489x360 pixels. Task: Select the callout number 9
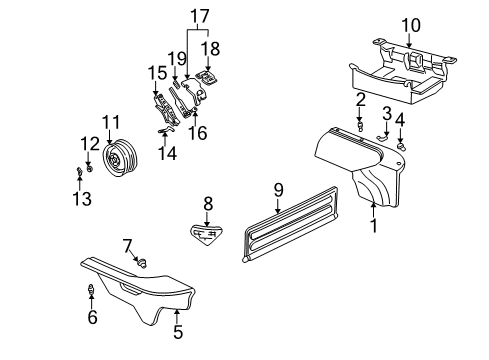[x=279, y=188]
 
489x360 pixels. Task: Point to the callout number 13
[x=82, y=199]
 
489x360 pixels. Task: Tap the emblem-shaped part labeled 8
[x=208, y=234]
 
